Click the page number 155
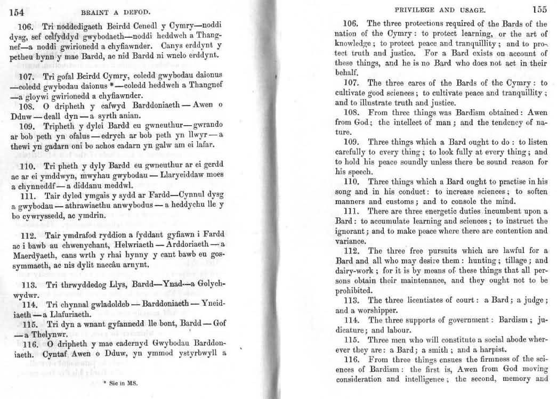point(539,9)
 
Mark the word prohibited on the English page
point(357,291)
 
